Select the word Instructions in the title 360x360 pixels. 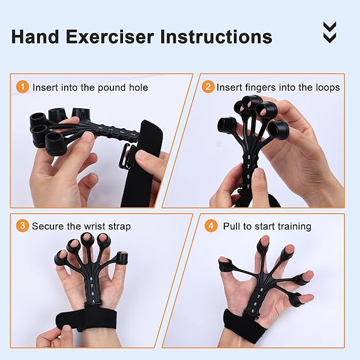(225, 37)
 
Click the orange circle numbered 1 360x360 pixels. (22, 86)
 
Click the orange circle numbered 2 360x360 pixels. (208, 86)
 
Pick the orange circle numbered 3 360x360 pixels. (22, 226)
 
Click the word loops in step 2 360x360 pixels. (326, 87)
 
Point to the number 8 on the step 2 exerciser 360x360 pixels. (249, 156)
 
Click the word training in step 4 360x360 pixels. (293, 227)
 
